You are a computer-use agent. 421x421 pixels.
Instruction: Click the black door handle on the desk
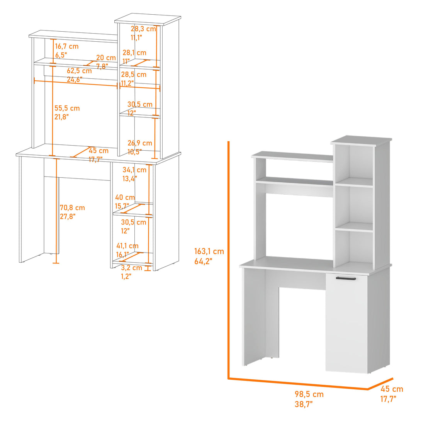tap(346, 278)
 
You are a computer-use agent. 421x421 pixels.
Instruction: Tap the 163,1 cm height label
tap(209, 251)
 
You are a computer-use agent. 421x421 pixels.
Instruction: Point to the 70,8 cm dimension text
tap(72, 208)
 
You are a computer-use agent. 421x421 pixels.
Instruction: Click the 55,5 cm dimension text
tap(67, 108)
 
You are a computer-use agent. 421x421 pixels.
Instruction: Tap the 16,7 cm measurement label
tap(66, 46)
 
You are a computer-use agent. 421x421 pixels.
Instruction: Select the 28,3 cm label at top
tap(143, 29)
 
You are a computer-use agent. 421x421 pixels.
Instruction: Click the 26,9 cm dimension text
tap(140, 143)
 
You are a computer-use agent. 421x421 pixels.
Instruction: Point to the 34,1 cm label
tap(134, 170)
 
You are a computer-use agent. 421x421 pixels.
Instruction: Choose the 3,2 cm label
tap(132, 268)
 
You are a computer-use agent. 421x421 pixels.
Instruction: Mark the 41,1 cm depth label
tap(127, 246)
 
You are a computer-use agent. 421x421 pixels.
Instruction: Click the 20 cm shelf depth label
tap(106, 58)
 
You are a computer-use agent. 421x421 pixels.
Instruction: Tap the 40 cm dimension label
tap(125, 198)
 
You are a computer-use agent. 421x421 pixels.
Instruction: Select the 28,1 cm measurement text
tap(134, 53)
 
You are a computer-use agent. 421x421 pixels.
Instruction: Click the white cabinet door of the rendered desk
tap(346, 324)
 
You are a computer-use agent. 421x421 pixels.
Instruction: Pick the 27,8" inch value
tap(67, 217)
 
